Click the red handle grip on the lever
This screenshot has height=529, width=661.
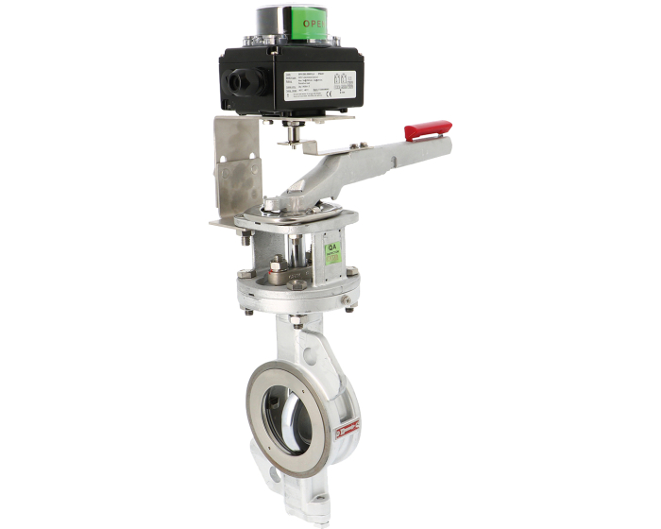tap(428, 129)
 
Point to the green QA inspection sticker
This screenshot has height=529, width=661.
tap(332, 250)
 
